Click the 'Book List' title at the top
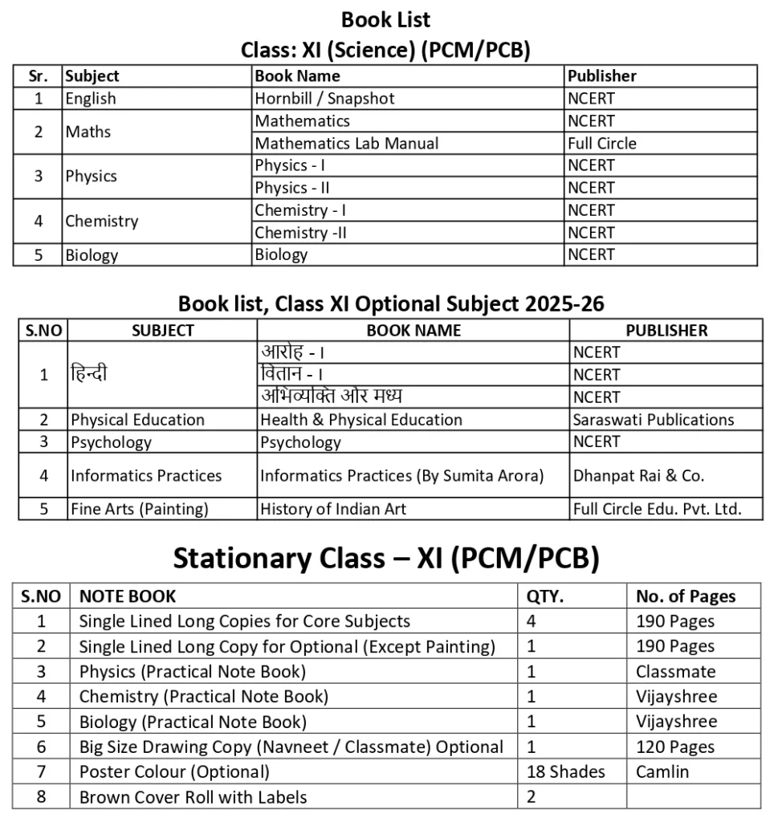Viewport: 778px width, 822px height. click(385, 19)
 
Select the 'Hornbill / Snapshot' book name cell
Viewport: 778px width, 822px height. click(324, 99)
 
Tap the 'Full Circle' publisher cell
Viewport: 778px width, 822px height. click(602, 144)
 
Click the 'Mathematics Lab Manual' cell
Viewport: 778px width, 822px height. click(347, 144)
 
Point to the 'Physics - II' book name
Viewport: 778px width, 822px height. click(292, 188)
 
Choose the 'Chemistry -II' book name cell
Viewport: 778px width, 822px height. click(300, 233)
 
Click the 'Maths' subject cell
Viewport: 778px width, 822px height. click(88, 132)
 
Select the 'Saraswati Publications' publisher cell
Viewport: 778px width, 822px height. click(654, 420)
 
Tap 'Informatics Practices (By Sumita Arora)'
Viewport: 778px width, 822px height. click(402, 475)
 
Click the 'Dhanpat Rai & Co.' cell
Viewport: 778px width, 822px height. click(638, 475)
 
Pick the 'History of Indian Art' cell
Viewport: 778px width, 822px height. click(333, 509)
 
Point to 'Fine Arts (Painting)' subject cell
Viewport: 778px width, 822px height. click(140, 509)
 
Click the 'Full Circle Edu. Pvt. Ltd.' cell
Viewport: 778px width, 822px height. click(657, 509)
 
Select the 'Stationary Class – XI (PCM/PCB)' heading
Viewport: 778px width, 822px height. click(386, 559)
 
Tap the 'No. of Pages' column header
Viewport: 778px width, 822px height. click(686, 596)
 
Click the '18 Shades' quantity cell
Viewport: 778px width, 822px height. click(566, 771)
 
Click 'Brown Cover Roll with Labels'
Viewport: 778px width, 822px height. click(193, 797)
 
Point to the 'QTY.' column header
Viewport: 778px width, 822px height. click(545, 596)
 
